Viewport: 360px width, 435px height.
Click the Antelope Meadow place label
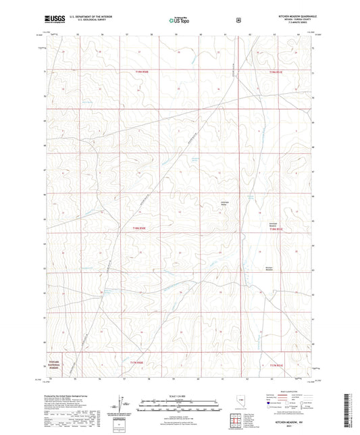point(274,224)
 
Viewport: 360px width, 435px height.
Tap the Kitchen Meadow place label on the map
point(269,268)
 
